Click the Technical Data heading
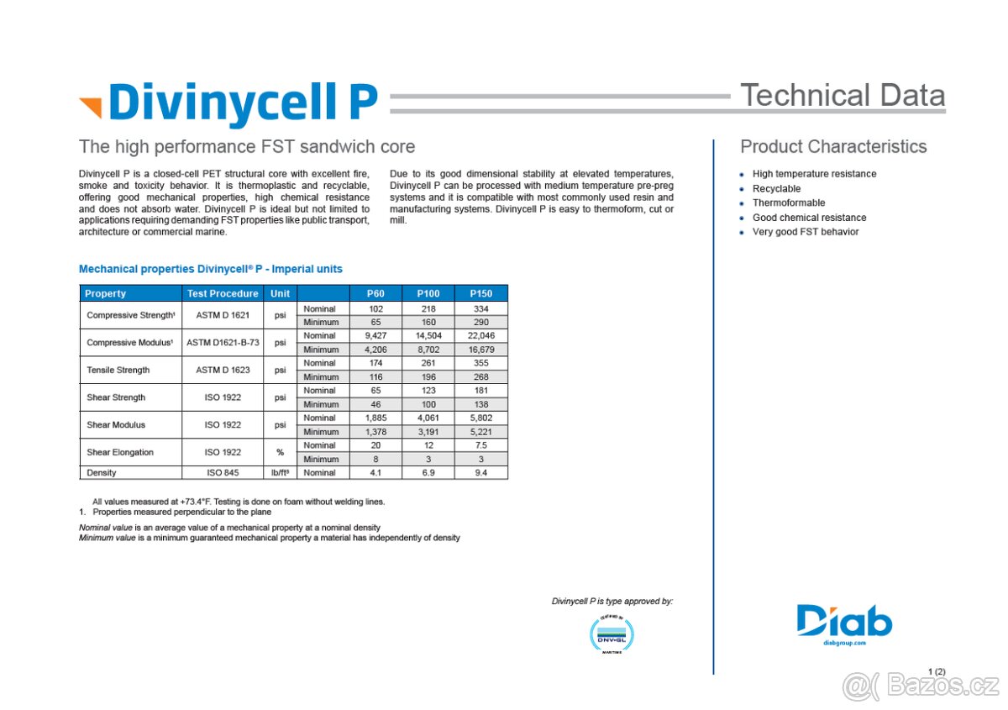pos(842,96)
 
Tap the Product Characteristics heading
pos(833,147)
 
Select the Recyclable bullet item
pos(776,189)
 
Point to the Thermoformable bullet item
pos(789,202)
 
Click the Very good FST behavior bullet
pos(805,232)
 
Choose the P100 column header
pos(428,293)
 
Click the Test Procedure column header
pos(223,293)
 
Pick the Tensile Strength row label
pos(118,370)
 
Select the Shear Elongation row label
pos(120,452)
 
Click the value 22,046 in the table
pos(480,335)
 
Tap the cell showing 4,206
pos(375,350)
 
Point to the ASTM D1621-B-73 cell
pos(223,343)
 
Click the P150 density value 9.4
pos(480,473)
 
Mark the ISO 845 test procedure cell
pos(223,473)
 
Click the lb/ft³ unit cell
pos(280,473)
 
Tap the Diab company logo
pos(844,623)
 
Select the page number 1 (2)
pos(937,671)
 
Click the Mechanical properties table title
pos(210,269)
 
